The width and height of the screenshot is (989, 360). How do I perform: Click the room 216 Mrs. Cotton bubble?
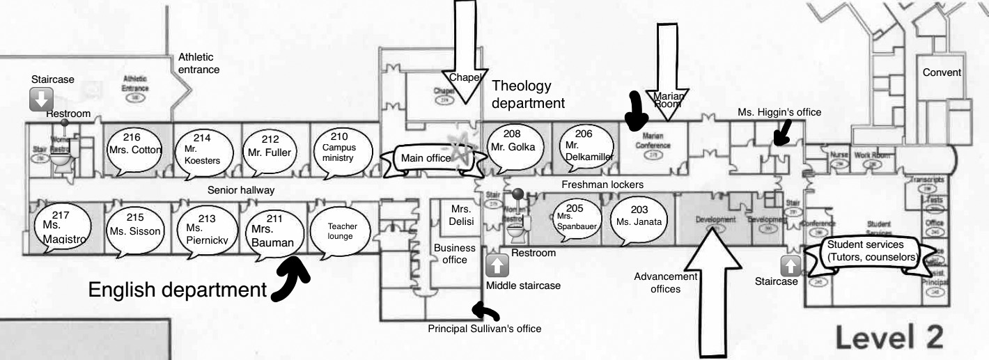(135, 150)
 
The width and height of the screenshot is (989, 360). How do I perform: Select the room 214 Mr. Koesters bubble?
(202, 151)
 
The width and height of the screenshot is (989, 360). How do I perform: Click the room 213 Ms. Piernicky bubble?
(203, 229)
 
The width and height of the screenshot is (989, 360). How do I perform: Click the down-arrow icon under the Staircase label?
(40, 100)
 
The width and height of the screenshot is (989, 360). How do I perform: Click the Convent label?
(942, 72)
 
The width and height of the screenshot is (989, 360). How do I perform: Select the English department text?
(178, 290)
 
